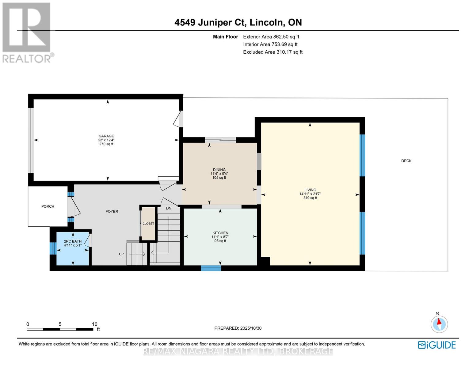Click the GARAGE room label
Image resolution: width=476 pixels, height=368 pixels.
pos(106,136)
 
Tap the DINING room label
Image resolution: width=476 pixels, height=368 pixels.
pos(219,170)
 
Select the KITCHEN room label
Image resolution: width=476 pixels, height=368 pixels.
pos(220,233)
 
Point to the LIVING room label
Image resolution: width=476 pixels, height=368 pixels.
pos(310,190)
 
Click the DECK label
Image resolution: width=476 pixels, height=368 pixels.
pos(406,161)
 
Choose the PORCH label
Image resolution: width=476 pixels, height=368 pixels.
pos(48,206)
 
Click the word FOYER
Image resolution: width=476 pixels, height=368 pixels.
pos(112,212)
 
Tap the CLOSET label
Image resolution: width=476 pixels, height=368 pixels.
pos(148,224)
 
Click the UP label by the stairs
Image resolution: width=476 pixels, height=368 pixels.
pos(122,254)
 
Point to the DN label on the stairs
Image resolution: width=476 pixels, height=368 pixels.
pos(169,209)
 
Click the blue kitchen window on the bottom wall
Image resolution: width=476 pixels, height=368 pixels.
pos(211,268)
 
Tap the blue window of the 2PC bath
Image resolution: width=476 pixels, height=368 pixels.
pos(53,248)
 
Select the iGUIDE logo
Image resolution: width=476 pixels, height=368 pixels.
pos(437,345)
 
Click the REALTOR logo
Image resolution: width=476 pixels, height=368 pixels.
pos(27,32)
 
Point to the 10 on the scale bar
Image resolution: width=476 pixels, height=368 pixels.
pos(94,324)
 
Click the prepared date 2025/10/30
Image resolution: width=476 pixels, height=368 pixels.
pos(251,328)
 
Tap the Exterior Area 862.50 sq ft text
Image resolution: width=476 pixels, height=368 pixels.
pos(271,37)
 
